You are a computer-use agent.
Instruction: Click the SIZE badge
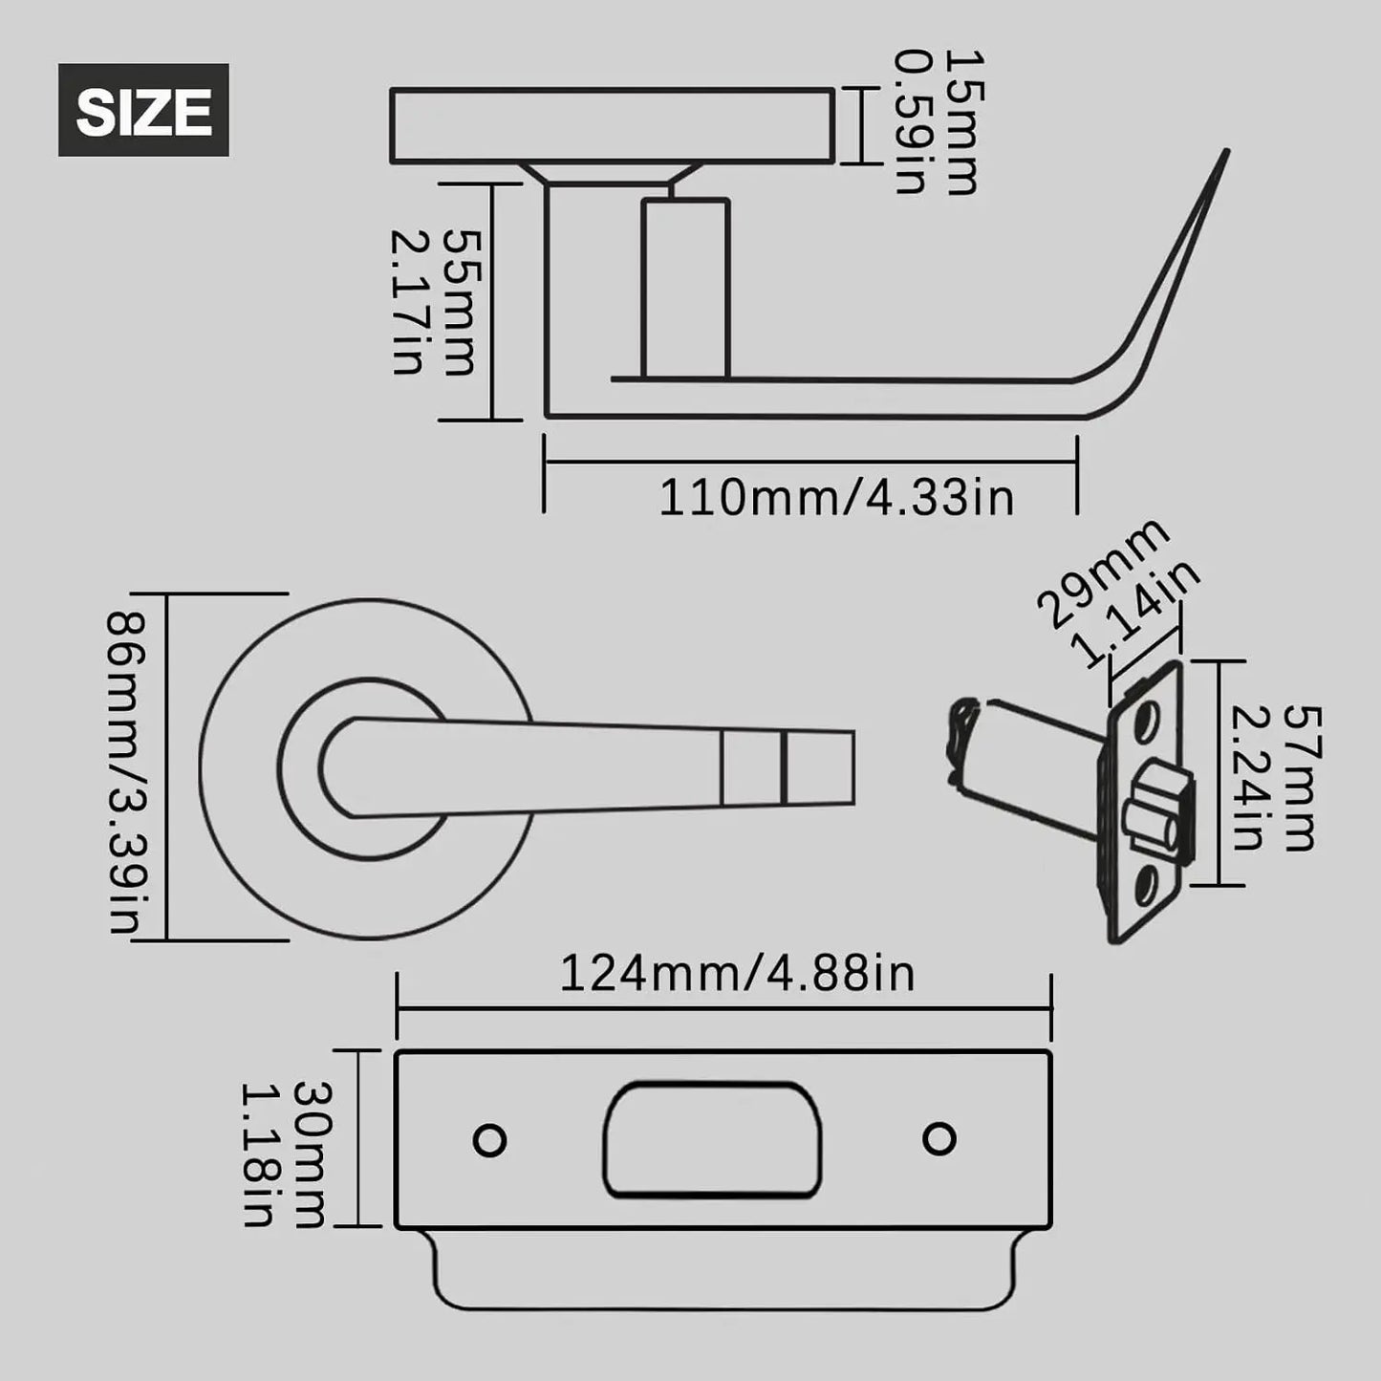(x=143, y=110)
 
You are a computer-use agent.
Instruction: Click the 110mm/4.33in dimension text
(x=836, y=498)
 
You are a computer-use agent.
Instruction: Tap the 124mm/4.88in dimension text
(x=737, y=974)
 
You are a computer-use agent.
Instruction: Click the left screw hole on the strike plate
(x=490, y=1140)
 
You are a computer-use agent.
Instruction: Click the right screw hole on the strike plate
(x=939, y=1139)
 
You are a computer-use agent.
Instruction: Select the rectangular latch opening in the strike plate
(x=712, y=1139)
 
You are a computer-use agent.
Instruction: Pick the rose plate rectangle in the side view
(x=612, y=125)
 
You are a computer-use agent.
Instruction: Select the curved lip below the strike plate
(x=722, y=1271)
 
